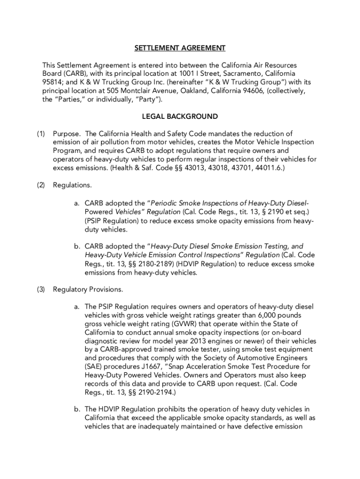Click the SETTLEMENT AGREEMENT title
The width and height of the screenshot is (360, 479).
pyautogui.click(x=180, y=48)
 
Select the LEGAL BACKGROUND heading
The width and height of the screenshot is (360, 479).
pyautogui.click(x=180, y=116)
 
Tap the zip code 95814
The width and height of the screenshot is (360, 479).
pyautogui.click(x=52, y=82)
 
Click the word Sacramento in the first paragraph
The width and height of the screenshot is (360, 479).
pyautogui.click(x=240, y=74)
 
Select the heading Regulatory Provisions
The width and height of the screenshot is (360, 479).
pyautogui.click(x=88, y=290)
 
